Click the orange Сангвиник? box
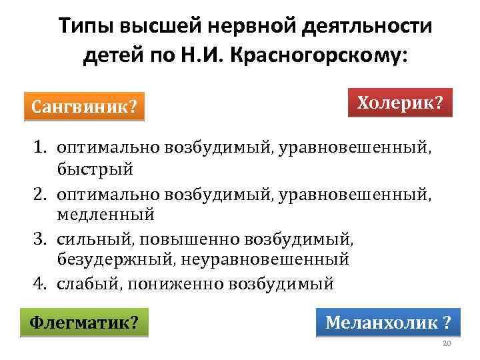click(x=84, y=106)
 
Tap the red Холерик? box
click(x=400, y=103)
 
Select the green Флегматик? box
click(x=84, y=323)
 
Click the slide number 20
click(x=447, y=343)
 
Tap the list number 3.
click(x=37, y=237)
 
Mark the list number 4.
click(x=37, y=283)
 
